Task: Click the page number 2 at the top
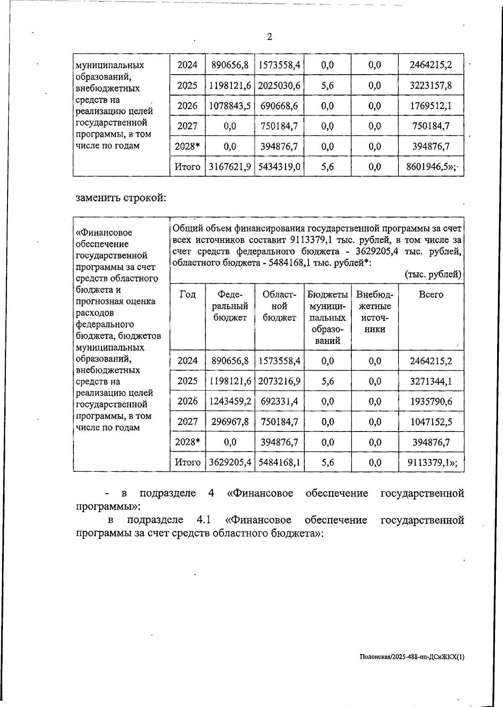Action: [270, 37]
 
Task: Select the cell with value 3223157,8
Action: [431, 86]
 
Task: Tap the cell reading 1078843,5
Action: [230, 106]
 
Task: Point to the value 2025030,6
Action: [279, 86]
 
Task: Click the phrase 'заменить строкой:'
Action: [121, 198]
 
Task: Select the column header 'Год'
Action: [187, 294]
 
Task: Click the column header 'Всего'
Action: [431, 294]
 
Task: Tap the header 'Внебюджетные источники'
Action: [375, 312]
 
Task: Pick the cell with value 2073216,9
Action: [279, 381]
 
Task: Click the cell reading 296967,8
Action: [230, 421]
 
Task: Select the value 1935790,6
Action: [431, 401]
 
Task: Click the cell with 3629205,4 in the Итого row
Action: [230, 462]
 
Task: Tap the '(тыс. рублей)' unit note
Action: [433, 275]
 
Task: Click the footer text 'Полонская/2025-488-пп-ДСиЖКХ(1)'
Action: [412, 658]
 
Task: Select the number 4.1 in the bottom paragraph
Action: [203, 520]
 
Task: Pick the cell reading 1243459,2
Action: [230, 401]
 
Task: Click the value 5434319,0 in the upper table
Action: [279, 167]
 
